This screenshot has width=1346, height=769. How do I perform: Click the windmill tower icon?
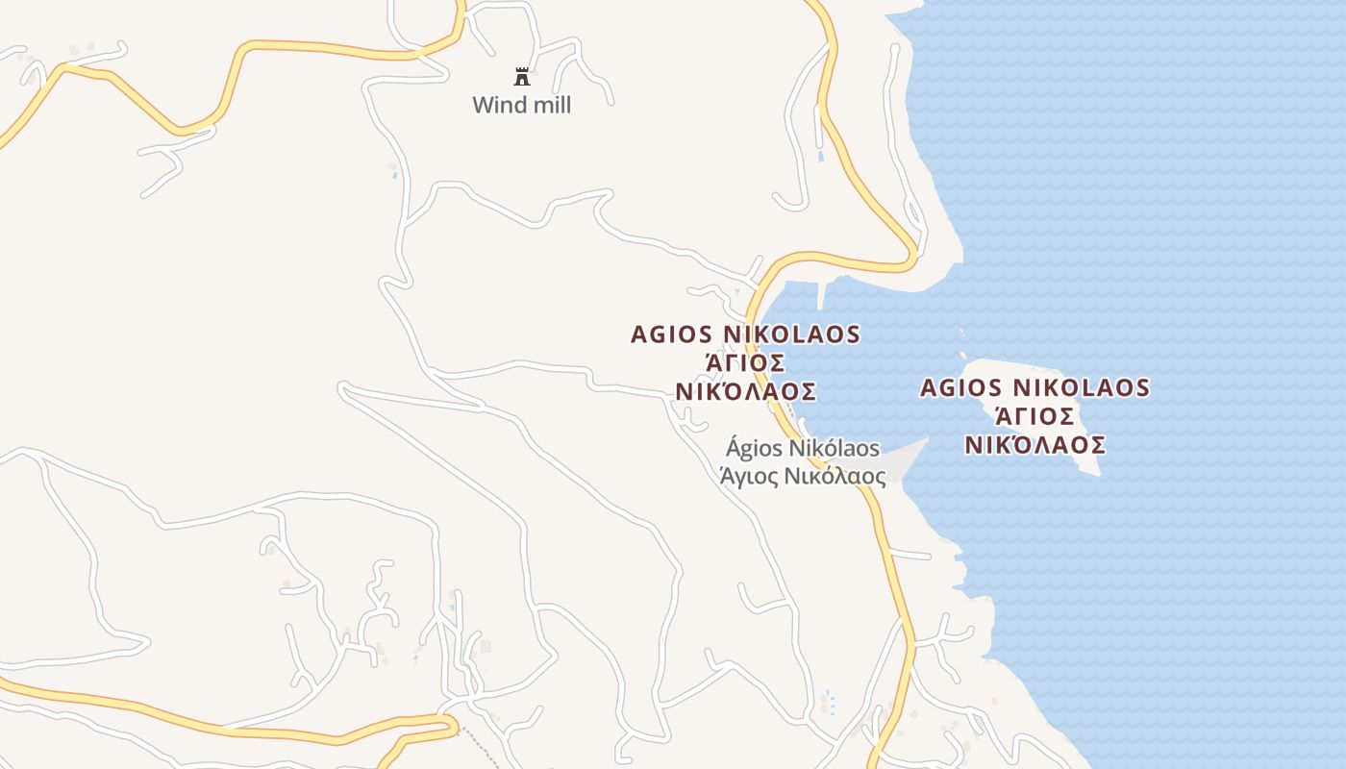click(522, 77)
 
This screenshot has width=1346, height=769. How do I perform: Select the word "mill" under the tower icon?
click(550, 106)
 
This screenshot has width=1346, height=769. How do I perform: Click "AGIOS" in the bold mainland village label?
click(672, 335)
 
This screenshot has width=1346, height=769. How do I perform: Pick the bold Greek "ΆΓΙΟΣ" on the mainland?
click(745, 363)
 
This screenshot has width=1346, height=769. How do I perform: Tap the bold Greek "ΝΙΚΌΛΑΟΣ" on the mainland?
click(745, 392)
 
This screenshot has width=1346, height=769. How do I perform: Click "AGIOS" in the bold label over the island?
click(961, 387)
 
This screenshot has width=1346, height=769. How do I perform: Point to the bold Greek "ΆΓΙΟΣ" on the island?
click(1034, 416)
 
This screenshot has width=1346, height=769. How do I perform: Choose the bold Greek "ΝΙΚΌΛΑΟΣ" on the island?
click(1034, 445)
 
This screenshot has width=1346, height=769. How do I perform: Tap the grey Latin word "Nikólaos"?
click(834, 449)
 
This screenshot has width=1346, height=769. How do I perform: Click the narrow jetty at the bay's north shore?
click(821, 295)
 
